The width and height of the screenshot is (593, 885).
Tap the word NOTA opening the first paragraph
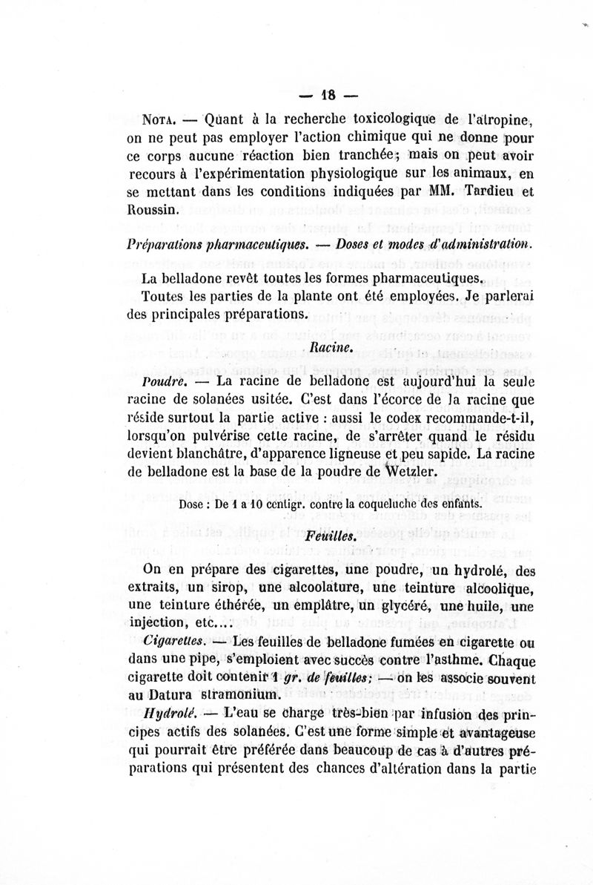[x=158, y=119]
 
